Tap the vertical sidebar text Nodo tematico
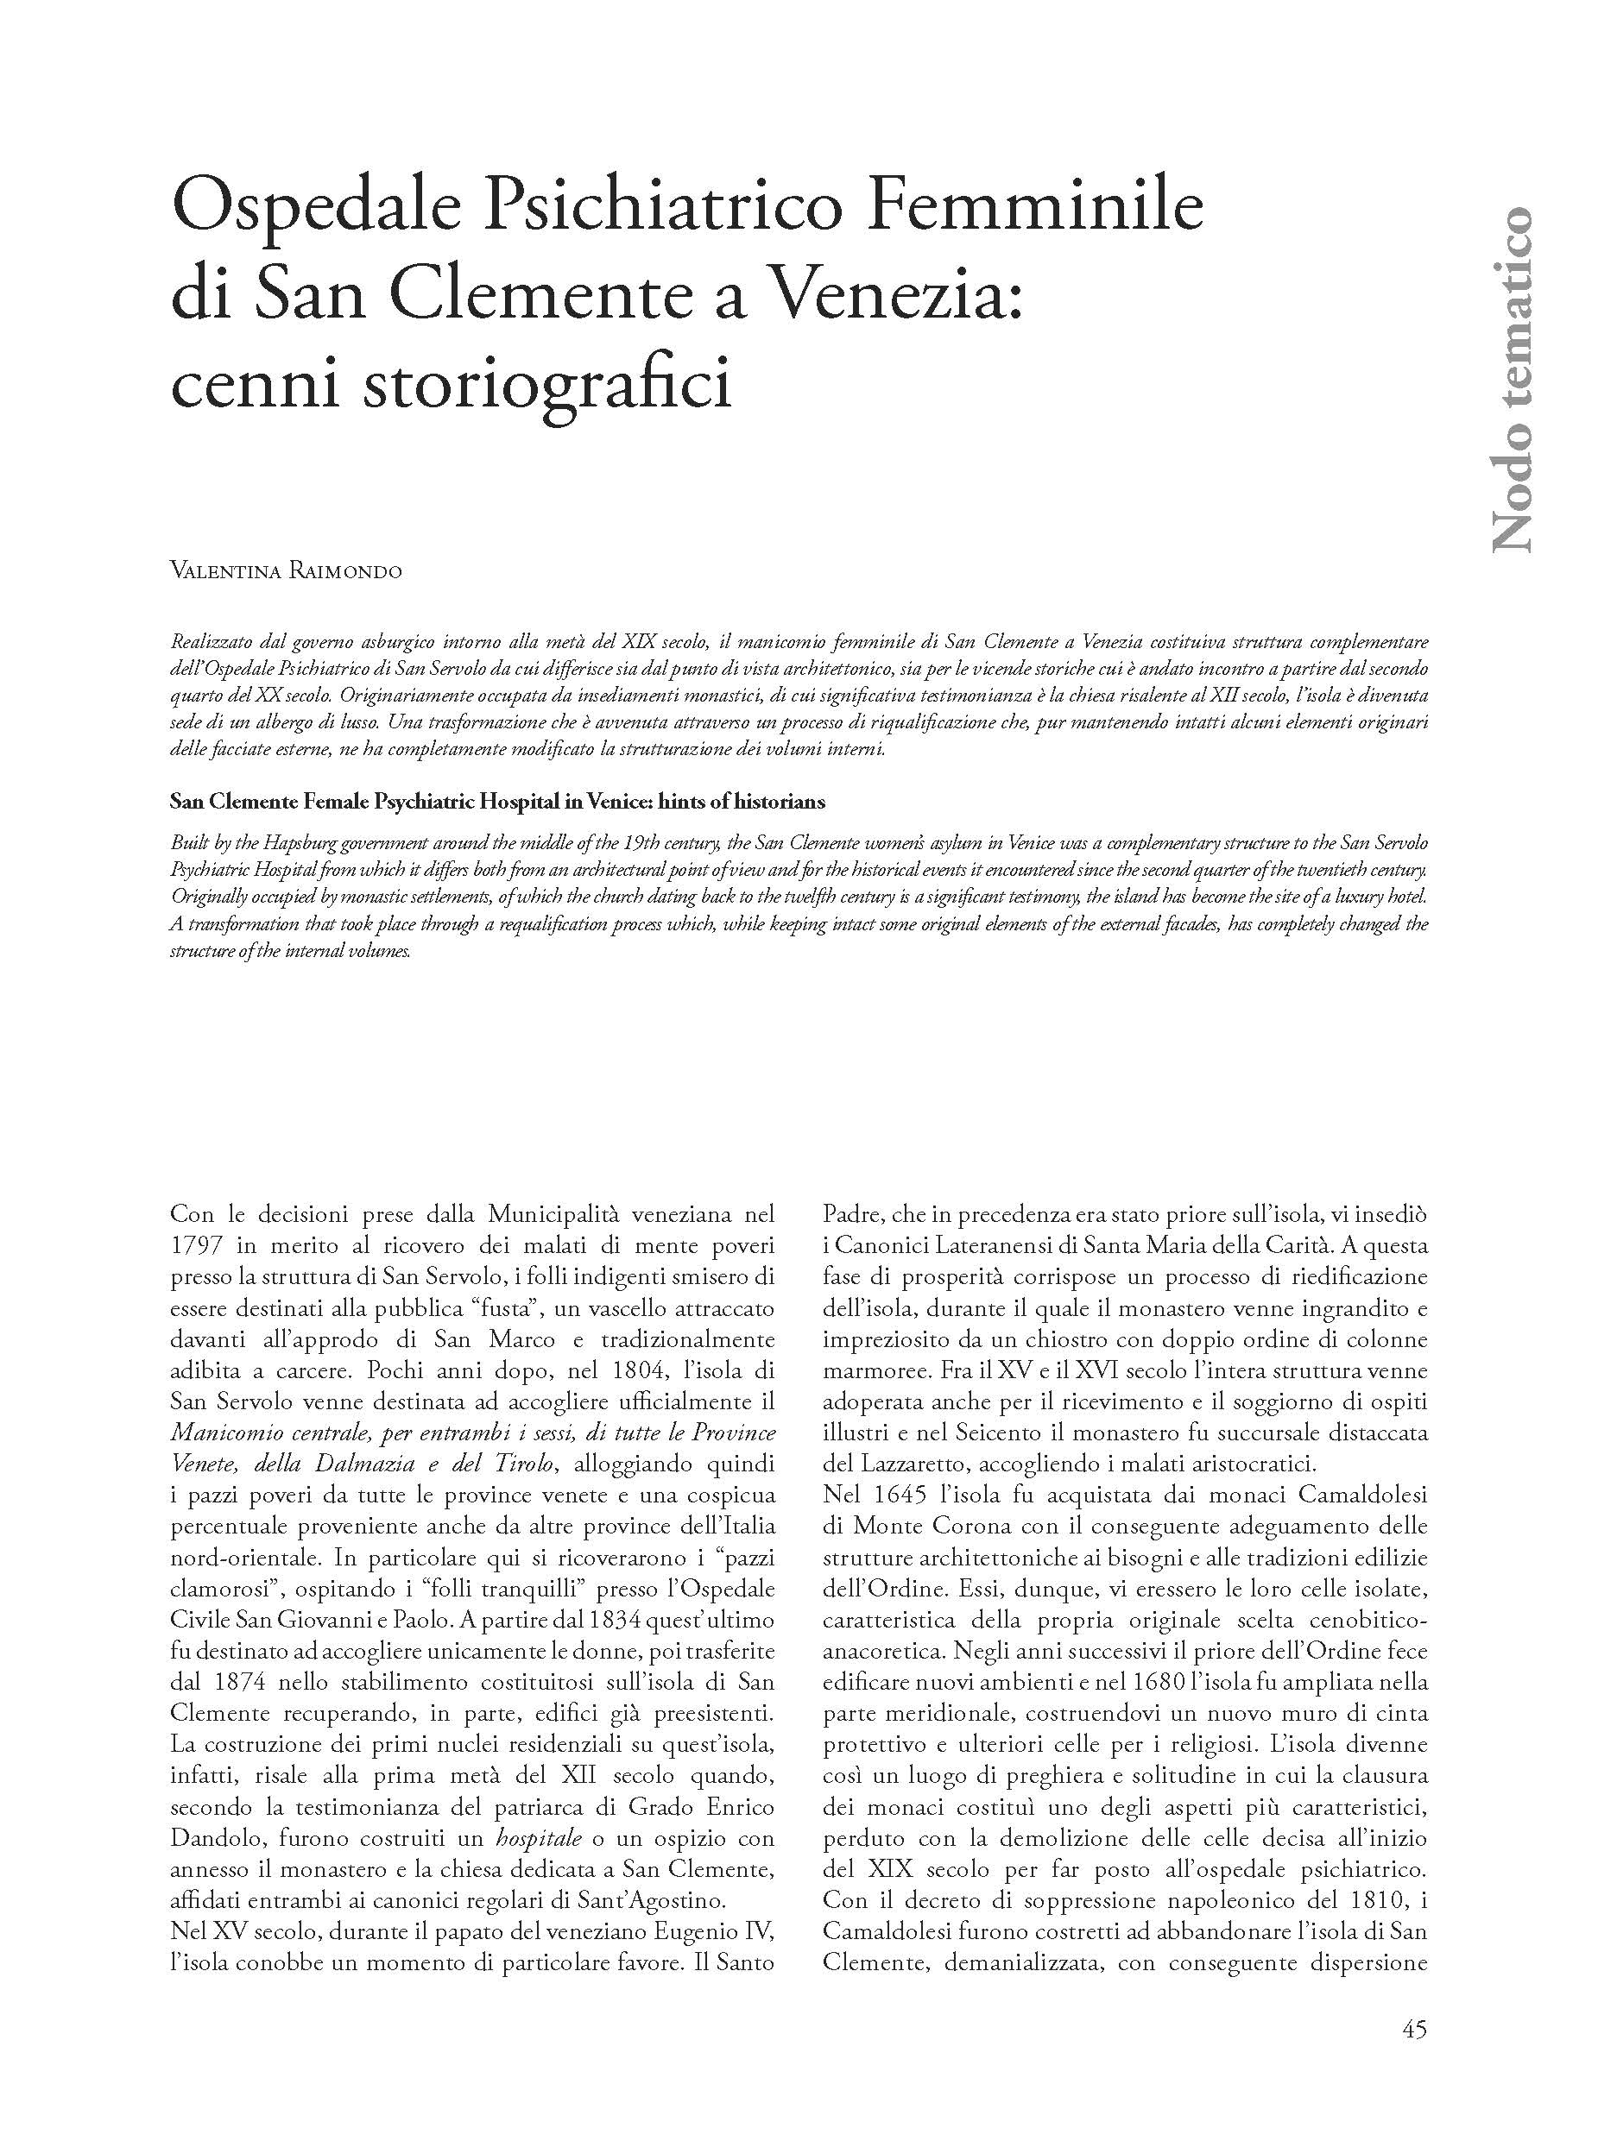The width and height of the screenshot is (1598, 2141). (x=1512, y=379)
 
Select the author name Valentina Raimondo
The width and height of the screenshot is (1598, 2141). (x=286, y=571)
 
